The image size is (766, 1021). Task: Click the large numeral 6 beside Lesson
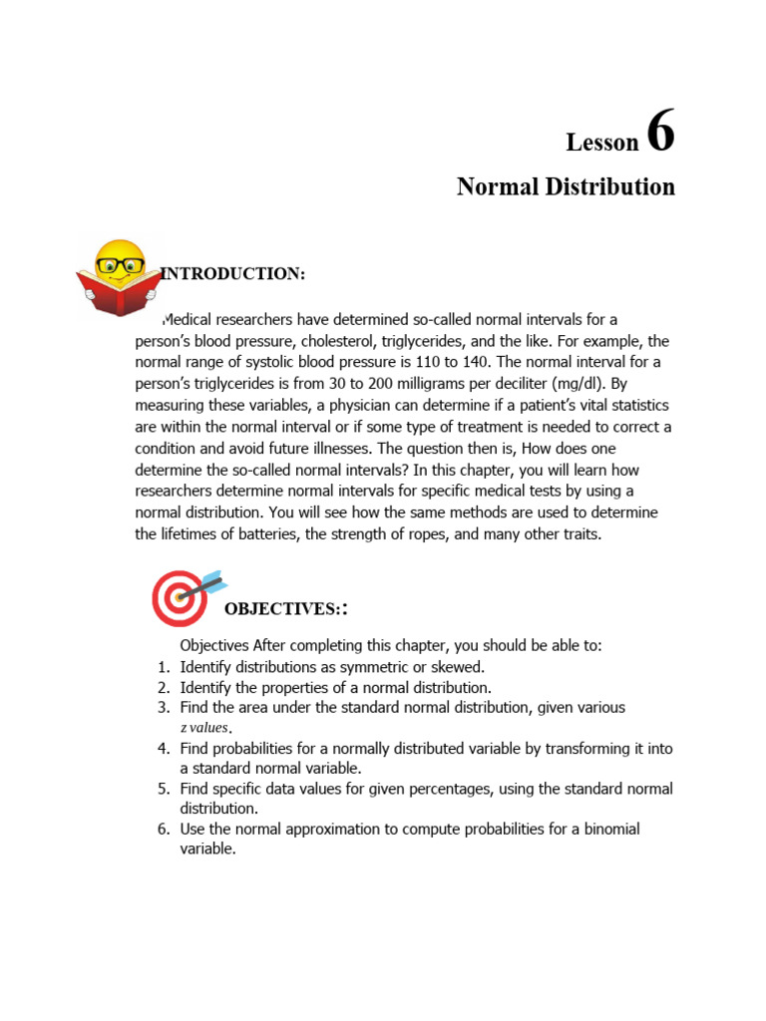tap(660, 133)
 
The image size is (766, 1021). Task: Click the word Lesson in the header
tap(601, 143)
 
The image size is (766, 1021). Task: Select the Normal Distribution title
tap(566, 186)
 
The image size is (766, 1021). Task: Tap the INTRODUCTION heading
tap(233, 274)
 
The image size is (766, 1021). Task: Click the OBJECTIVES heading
tap(276, 608)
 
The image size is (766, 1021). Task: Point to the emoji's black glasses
tap(119, 265)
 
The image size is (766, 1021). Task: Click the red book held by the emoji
tap(118, 296)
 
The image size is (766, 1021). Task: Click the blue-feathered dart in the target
tap(211, 582)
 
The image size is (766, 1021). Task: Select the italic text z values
tap(203, 728)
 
